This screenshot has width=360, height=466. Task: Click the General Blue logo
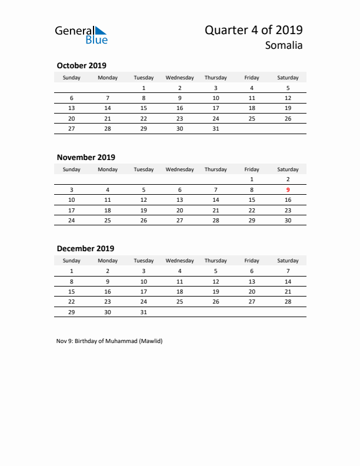81,35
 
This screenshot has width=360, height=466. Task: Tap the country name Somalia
284,45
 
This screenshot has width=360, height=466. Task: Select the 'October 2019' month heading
81,65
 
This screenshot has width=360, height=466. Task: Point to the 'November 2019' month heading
86,157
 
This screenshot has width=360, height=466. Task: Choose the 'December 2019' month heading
85,248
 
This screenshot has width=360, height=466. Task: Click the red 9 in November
288,189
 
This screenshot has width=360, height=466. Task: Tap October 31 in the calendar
216,129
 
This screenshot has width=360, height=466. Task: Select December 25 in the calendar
179,301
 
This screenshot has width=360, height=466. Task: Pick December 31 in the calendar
144,312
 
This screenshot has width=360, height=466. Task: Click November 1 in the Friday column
252,179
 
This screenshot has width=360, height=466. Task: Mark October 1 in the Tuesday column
144,88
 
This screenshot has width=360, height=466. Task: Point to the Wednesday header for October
179,78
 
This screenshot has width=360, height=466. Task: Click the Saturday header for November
288,169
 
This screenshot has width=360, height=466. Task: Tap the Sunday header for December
72,261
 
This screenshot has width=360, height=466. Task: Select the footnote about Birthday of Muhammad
109,341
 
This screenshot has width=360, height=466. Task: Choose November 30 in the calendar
288,221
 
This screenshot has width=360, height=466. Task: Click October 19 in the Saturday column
288,108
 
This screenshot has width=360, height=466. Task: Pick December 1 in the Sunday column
72,271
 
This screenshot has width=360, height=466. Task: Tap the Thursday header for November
216,169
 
